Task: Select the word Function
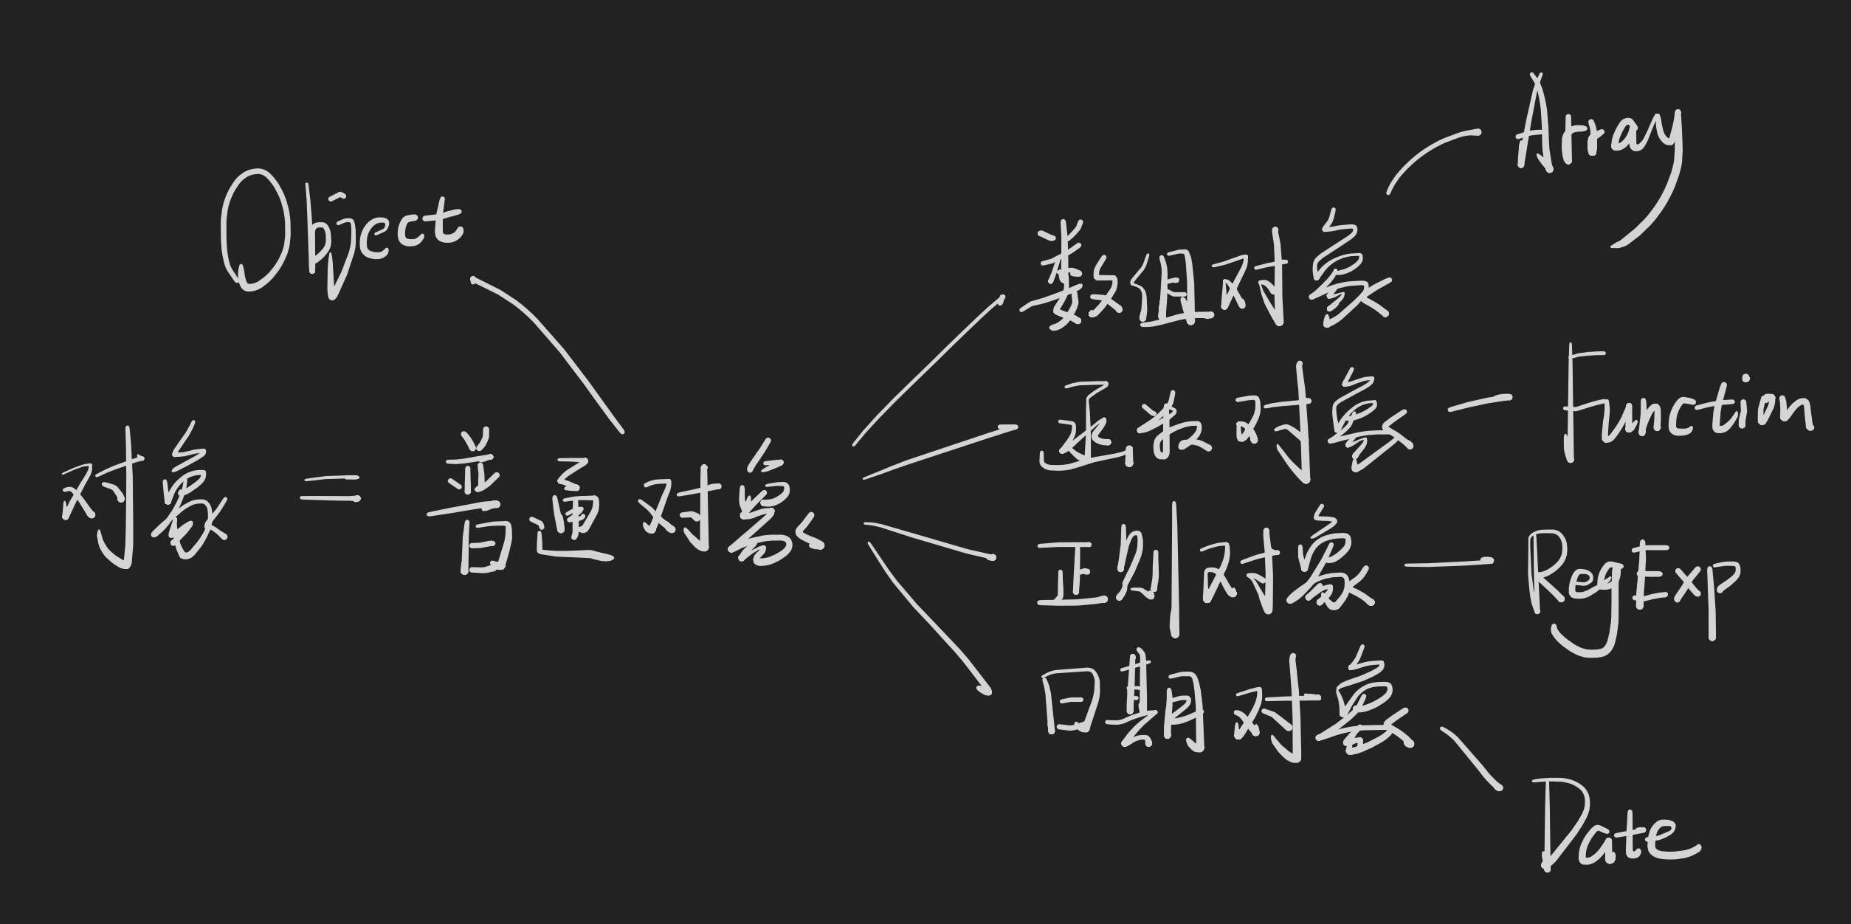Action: click(1686, 410)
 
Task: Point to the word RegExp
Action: click(1631, 590)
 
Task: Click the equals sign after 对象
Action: click(331, 488)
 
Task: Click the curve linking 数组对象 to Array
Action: click(1428, 151)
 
